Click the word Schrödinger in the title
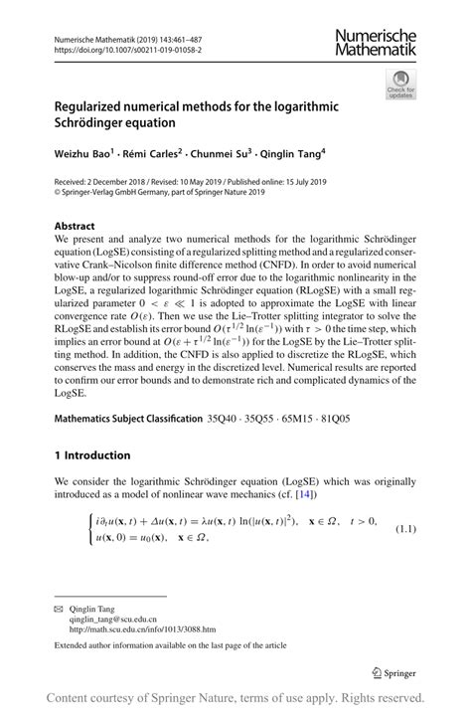point(92,123)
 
